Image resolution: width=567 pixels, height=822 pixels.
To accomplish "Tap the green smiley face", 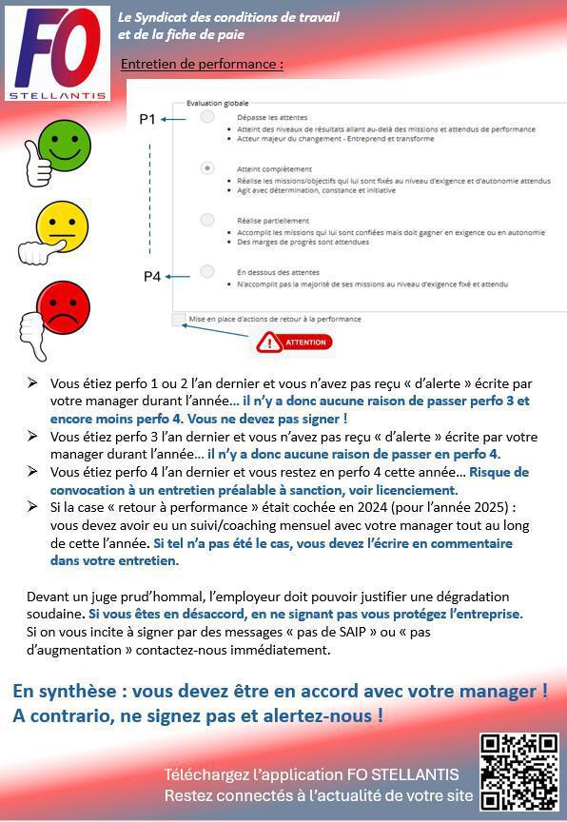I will click(64, 147).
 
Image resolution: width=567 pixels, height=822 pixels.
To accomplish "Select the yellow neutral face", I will click(62, 226).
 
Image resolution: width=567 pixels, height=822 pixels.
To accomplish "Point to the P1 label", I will click(147, 119).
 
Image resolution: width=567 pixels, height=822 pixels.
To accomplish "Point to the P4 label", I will click(152, 276).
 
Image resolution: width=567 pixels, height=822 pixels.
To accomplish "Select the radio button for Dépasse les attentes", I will click(207, 118).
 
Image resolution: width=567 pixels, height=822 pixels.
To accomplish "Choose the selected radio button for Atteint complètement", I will click(207, 168).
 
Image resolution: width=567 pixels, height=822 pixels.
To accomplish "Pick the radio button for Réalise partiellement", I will click(207, 220).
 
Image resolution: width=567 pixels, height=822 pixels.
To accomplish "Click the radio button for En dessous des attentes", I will click(207, 272).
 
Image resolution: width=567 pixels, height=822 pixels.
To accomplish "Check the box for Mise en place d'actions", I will click(179, 319).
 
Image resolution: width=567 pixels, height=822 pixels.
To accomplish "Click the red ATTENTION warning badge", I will click(295, 342).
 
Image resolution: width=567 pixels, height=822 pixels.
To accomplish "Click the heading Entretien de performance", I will click(202, 65).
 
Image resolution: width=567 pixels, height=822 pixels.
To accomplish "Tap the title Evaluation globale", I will click(218, 102).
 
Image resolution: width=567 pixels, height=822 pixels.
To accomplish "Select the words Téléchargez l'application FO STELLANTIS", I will click(311, 774).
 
